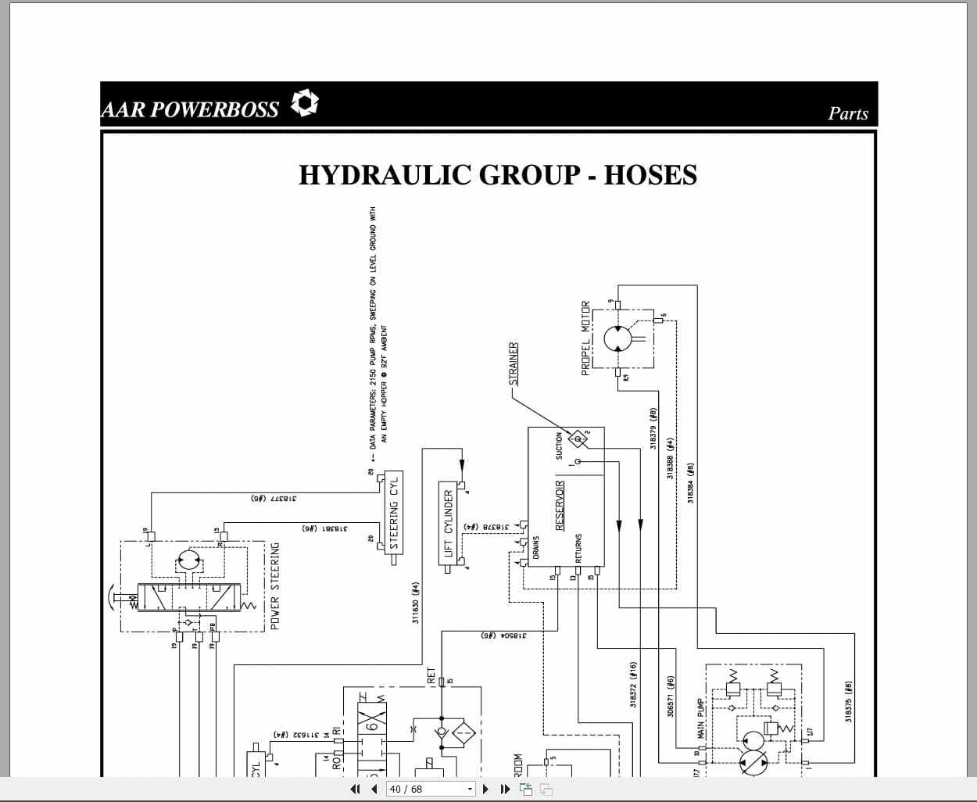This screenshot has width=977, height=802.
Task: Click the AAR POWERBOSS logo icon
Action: point(305,103)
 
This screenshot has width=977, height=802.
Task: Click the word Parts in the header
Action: point(848,113)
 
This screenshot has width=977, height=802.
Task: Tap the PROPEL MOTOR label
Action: point(585,338)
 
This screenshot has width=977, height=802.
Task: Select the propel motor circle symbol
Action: point(617,338)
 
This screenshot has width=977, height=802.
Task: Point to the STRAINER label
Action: point(514,363)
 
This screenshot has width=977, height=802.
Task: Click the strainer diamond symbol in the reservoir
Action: point(579,440)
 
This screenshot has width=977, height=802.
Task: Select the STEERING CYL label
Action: point(394,512)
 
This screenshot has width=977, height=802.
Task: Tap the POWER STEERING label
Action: point(274,586)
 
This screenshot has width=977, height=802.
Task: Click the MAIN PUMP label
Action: point(701,718)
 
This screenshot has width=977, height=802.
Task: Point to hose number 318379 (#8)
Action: point(653,428)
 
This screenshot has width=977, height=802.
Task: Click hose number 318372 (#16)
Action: point(634,685)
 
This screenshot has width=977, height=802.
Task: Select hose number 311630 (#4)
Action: point(416,602)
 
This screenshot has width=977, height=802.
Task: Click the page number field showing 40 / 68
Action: point(431,789)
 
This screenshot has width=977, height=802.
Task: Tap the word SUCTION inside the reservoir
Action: point(559,446)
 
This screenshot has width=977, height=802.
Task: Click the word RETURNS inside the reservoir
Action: point(578,549)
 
